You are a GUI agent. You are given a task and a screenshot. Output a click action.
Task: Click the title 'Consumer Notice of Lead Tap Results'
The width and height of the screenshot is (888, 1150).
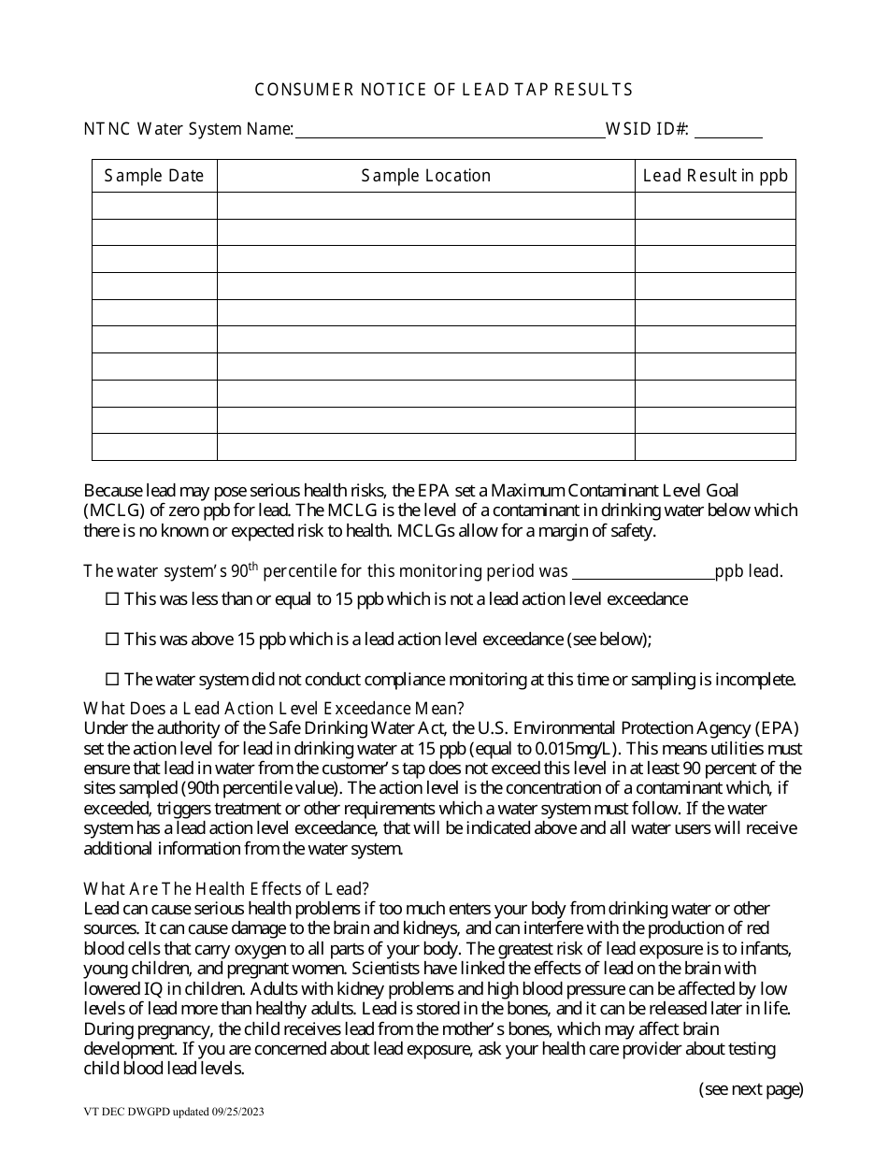click(444, 90)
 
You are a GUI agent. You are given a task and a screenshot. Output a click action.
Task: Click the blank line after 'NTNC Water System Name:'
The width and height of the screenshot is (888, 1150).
click(450, 131)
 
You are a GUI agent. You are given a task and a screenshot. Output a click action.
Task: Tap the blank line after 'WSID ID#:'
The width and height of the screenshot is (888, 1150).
click(726, 131)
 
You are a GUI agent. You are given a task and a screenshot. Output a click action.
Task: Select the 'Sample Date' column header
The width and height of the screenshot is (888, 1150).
click(154, 176)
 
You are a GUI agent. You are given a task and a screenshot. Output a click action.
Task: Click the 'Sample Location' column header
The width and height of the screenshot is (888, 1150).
click(426, 176)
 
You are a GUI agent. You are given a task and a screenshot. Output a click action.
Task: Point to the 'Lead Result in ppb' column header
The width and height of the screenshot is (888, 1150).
click(715, 176)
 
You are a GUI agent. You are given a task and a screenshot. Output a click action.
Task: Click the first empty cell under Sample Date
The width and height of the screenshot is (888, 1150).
click(154, 206)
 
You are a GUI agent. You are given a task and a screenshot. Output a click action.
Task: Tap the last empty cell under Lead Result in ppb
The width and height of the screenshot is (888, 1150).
click(715, 447)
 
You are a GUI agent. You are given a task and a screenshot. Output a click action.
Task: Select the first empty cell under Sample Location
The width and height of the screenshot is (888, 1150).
click(426, 206)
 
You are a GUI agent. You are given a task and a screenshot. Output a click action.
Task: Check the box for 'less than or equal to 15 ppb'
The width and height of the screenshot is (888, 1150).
click(112, 599)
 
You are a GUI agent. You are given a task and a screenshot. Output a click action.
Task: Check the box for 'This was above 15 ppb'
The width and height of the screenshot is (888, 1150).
click(112, 640)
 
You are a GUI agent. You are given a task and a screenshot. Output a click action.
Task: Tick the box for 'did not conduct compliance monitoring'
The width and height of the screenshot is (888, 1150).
click(112, 680)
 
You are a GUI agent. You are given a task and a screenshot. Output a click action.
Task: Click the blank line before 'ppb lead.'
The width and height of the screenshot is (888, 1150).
click(642, 572)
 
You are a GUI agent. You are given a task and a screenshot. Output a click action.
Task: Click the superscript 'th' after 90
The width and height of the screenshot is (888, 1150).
click(252, 566)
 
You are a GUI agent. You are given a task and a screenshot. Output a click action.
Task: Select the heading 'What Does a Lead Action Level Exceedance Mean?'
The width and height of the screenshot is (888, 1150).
click(274, 708)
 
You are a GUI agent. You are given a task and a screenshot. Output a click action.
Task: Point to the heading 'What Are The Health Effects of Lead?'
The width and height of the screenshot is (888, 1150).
click(226, 889)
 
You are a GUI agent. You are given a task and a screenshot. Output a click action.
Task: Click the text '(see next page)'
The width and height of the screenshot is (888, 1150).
click(751, 1088)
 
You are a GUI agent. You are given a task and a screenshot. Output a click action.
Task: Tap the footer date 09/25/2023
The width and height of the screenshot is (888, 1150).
click(245, 1114)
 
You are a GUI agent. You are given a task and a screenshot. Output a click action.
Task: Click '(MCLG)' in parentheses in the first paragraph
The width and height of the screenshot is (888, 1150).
click(114, 510)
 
